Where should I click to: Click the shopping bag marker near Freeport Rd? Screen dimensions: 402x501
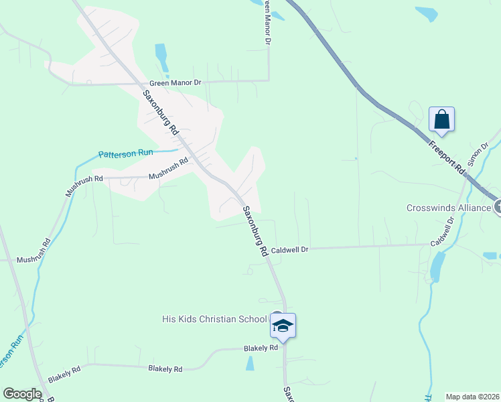(441, 120)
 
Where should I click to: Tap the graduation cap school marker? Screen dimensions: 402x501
(283, 326)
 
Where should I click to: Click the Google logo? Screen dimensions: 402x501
(22, 394)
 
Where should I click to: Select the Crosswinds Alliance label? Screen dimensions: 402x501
(449, 208)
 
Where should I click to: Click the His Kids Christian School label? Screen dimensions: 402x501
(214, 319)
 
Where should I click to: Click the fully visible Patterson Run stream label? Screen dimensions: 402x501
(126, 153)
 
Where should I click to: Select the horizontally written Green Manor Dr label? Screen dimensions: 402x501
(175, 82)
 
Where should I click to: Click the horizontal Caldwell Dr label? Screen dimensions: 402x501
(289, 249)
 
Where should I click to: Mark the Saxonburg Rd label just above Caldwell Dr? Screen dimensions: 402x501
(255, 231)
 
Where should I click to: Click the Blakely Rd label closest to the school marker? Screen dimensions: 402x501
(261, 348)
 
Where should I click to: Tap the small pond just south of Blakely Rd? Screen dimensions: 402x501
(250, 364)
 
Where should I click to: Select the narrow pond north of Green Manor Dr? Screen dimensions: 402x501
(161, 57)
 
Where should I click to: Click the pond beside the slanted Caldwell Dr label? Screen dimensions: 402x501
(437, 266)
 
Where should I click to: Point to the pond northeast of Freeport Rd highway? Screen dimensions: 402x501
(426, 13)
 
